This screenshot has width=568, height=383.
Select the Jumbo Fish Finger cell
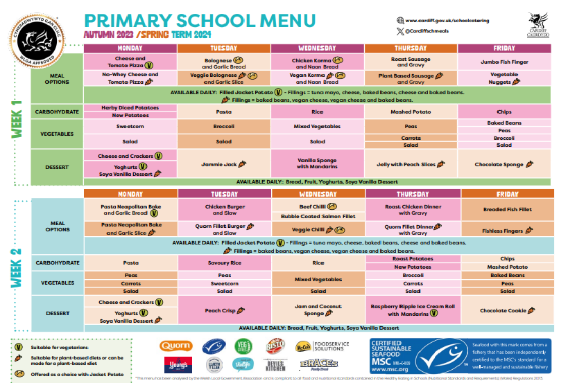[504, 62]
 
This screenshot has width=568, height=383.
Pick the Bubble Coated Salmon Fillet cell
[318, 216]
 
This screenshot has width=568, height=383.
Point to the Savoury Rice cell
[223, 263]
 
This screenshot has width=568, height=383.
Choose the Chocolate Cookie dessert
[504, 311]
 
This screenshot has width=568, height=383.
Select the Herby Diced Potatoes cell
[130, 107]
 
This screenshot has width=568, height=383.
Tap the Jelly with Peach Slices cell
[411, 165]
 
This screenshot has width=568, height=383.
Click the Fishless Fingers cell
[504, 231]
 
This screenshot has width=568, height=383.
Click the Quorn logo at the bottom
[175, 345]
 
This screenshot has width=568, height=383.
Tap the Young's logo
[175, 365]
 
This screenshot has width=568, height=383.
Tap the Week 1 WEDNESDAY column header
[317, 48]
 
